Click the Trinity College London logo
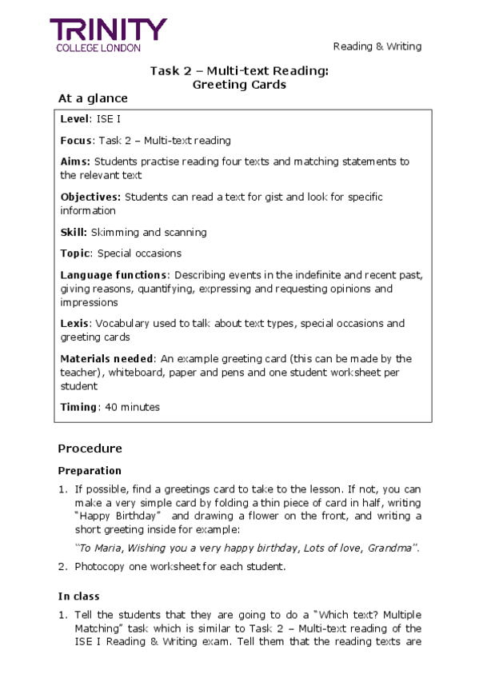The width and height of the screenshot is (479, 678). pos(109,35)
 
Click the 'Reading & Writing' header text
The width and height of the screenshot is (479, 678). pos(377,46)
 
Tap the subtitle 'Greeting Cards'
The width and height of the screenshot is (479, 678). pos(239,85)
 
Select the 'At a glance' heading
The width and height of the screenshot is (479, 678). pos(93,98)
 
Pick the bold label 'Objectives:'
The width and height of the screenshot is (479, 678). pos(91,197)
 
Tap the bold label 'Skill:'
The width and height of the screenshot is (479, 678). pos(74,233)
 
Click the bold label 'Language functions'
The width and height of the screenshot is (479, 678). pos(114,275)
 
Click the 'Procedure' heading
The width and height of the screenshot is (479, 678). pos(90,449)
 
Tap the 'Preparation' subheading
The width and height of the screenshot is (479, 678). pos(90,471)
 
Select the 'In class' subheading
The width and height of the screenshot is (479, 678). pos(78,596)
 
